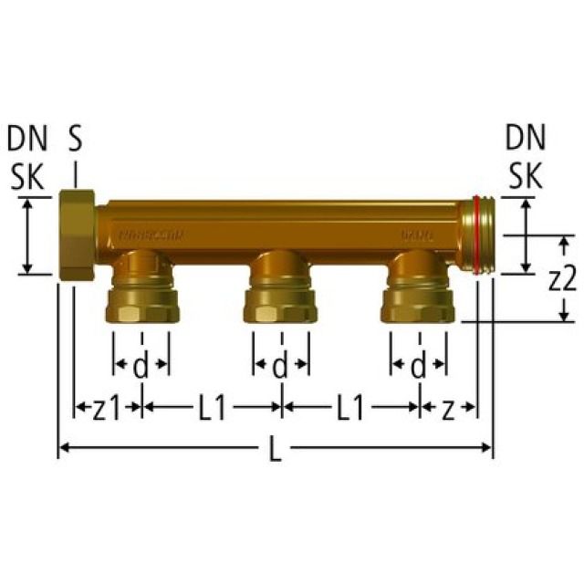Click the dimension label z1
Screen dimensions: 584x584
[x=106, y=409]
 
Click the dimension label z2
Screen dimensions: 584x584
[x=562, y=279]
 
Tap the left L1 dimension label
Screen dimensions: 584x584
[x=212, y=409]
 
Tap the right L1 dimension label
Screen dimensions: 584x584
[x=349, y=409]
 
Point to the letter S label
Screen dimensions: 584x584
[x=75, y=140]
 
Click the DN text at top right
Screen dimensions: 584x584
[x=526, y=140]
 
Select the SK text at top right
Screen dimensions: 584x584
[x=526, y=177]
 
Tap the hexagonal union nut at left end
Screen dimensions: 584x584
[x=76, y=235]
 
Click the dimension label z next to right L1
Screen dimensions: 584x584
[x=447, y=409]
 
